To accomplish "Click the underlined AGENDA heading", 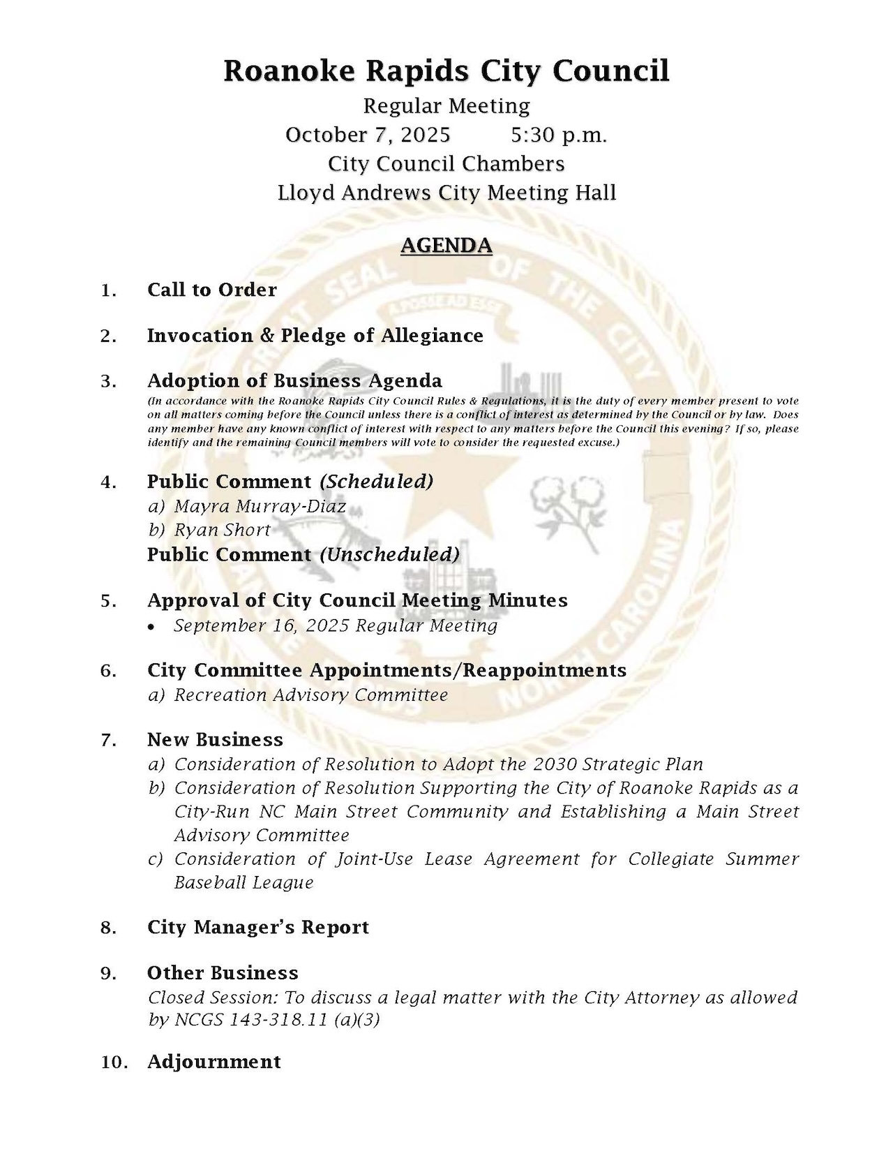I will (x=446, y=246).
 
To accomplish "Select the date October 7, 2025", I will (x=368, y=135).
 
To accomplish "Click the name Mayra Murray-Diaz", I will (x=260, y=506).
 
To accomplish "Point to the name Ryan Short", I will (x=222, y=530).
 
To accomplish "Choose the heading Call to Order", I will (x=211, y=290).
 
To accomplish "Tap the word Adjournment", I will (x=213, y=1062).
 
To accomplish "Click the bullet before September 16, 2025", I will (x=152, y=628).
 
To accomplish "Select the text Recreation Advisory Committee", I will (x=310, y=695).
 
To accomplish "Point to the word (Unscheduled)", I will (x=389, y=554).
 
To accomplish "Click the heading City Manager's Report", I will (x=257, y=927).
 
